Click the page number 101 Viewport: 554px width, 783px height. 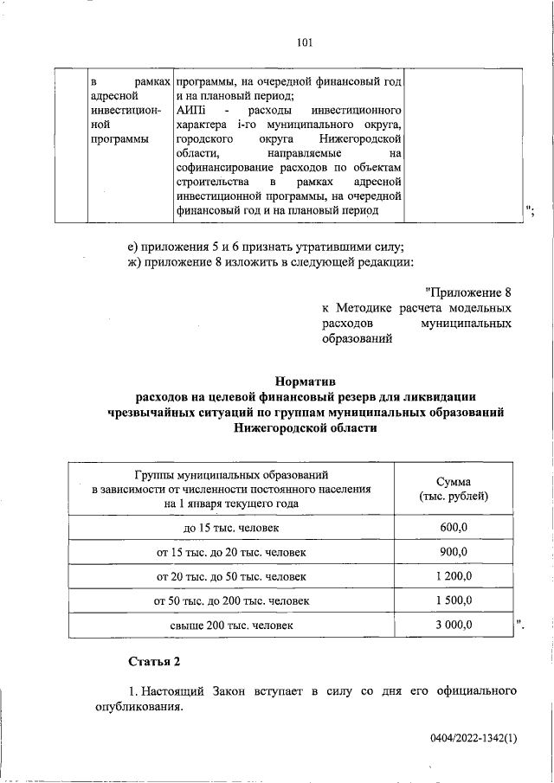(303, 42)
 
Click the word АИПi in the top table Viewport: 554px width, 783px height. (188, 112)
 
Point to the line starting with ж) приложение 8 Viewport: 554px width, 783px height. (270, 263)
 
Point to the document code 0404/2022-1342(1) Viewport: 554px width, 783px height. (473, 738)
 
